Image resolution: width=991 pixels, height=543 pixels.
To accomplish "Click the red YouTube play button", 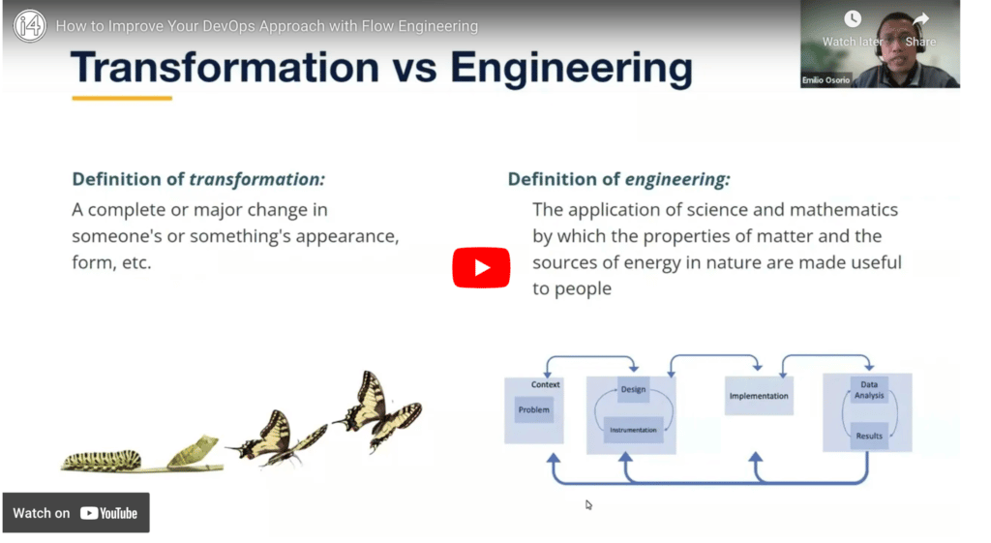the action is (481, 267).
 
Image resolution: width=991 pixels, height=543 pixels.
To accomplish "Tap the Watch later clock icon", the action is (852, 19).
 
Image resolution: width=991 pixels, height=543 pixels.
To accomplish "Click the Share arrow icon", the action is (921, 19).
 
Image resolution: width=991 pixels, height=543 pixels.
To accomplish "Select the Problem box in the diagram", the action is (534, 409).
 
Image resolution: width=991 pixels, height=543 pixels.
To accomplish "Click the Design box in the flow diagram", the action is (633, 389).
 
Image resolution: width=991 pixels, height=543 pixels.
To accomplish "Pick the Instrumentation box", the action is (633, 430).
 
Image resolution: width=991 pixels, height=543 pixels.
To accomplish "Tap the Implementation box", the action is (759, 396).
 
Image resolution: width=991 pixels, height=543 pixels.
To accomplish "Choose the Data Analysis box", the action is (869, 389).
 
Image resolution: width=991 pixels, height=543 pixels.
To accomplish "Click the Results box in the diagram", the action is (869, 436).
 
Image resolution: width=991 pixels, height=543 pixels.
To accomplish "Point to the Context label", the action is (546, 384).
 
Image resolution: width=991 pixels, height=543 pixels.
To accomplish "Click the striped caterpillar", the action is (101, 460).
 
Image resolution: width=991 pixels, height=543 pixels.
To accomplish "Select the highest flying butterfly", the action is (377, 409).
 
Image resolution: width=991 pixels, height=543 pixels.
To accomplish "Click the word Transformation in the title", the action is (225, 67).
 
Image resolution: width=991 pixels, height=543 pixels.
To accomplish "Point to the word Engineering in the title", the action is (571, 69).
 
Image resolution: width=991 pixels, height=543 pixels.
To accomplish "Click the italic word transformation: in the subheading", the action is (256, 179).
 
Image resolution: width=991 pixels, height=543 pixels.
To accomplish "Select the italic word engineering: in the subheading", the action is (677, 179).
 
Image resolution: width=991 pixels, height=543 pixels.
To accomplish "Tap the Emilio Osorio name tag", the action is (826, 80).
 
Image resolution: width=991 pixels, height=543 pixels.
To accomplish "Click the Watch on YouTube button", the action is (75, 513).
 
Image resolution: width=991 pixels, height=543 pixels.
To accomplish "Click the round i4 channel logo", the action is (30, 26).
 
